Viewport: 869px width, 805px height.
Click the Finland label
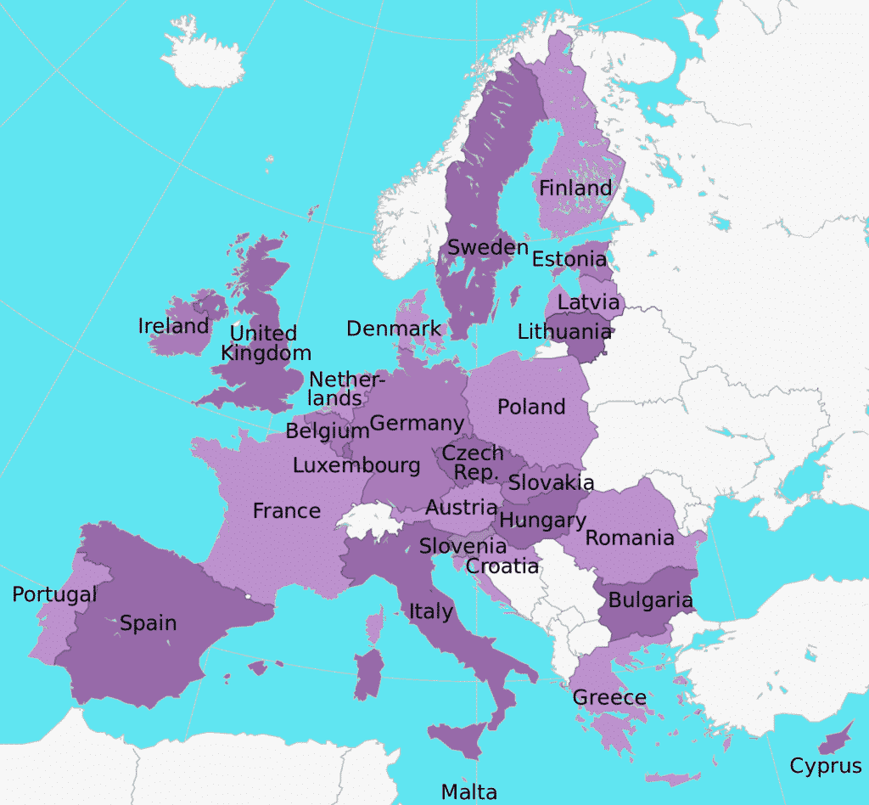coord(575,189)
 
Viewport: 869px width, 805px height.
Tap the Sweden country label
coord(488,247)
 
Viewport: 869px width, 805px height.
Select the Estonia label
coord(569,258)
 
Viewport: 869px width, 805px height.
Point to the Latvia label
coord(588,301)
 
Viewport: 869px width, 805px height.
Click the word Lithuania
coord(564,331)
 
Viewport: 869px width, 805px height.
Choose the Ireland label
coord(173,326)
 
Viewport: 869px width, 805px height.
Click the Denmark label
coord(394,329)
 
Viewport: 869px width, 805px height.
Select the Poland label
coord(531,407)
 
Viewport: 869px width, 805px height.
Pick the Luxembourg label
coord(356,465)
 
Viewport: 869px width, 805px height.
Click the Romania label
coord(630,538)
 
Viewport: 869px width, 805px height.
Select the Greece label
coord(609,697)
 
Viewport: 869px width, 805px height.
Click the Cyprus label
coord(826,766)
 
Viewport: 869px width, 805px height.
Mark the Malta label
coord(468,791)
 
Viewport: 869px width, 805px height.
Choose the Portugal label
coord(54,594)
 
